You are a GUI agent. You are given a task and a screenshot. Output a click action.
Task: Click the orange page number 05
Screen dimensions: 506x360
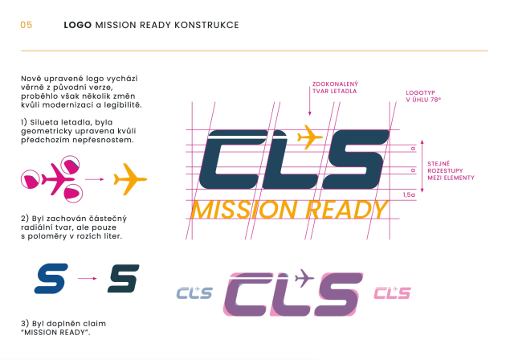click(27, 25)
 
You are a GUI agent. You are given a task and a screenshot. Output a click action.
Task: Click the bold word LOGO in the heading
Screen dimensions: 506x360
click(77, 25)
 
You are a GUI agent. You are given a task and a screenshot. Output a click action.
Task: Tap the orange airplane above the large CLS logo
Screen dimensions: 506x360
click(309, 137)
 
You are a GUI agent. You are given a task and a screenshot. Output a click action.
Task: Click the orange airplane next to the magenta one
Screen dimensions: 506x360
click(130, 179)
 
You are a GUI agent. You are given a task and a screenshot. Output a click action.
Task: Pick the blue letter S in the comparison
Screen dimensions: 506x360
click(51, 278)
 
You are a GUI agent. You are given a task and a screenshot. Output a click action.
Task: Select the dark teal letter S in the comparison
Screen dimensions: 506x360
click(124, 278)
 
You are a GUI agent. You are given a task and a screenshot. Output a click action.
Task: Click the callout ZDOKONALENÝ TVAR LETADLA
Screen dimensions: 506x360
click(335, 88)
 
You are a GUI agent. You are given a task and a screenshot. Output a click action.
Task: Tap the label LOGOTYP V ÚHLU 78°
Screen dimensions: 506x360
click(423, 96)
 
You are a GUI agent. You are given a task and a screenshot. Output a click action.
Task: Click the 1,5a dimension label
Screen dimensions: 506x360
click(409, 194)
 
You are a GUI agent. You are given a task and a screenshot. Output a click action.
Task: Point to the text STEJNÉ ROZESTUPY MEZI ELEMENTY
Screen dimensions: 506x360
click(451, 170)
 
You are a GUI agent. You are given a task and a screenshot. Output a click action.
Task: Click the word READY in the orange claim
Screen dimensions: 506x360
click(346, 210)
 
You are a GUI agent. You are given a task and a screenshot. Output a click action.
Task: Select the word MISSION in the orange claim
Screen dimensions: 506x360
click(244, 210)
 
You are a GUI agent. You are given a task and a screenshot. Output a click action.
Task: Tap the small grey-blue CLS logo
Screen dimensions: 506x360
click(194, 292)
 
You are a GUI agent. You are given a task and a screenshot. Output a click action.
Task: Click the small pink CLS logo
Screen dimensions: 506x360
click(393, 292)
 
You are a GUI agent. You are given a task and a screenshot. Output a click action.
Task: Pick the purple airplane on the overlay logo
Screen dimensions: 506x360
click(304, 278)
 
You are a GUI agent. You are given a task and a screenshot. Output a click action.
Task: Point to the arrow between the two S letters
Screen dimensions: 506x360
click(87, 278)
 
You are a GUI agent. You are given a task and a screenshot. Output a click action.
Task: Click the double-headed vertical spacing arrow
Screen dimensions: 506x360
click(422, 166)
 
